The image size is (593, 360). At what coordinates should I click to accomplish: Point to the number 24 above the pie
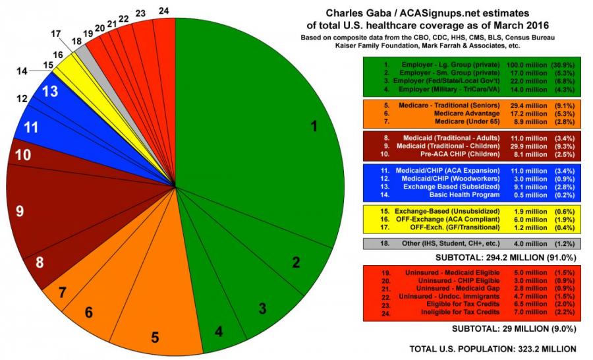click(165, 11)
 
